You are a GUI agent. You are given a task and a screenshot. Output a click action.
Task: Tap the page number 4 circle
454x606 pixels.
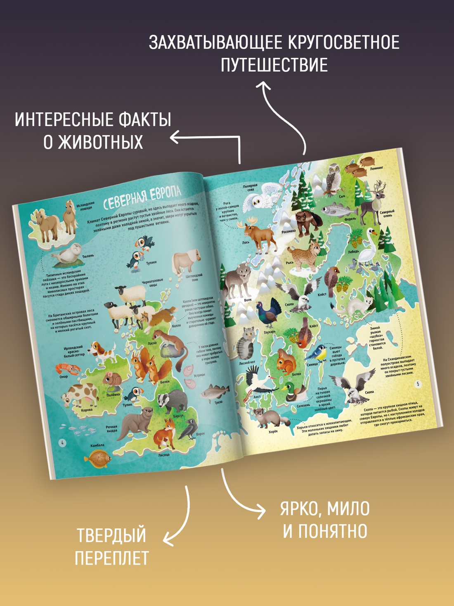coord(62,443)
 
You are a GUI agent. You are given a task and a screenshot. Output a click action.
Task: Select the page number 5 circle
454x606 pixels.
coord(418,384)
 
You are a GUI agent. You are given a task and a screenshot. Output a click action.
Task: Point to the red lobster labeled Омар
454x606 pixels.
coord(67,368)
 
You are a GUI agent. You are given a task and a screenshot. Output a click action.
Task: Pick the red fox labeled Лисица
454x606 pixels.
coord(166,433)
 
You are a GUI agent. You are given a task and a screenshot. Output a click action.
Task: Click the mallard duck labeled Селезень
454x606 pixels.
coord(294,392)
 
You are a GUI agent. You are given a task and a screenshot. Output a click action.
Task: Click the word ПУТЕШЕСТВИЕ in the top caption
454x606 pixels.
coord(274,65)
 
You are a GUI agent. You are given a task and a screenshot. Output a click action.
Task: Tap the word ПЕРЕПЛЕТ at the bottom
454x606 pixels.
coord(111,558)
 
